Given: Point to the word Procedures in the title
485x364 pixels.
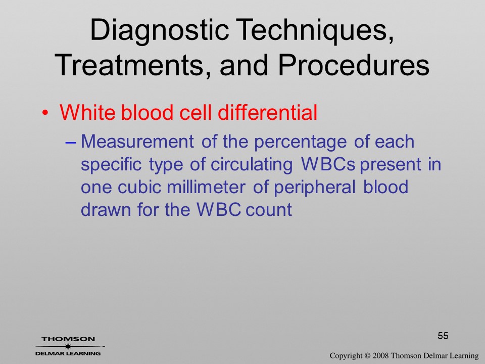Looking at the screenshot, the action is [x=354, y=65].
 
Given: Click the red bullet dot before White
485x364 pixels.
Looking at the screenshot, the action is [x=45, y=113].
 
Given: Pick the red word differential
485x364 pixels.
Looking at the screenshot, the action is [x=268, y=112].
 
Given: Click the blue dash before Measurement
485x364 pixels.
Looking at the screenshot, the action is [x=71, y=143].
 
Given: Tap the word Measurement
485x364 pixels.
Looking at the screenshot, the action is [x=137, y=141].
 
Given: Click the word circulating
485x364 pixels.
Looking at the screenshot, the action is [x=252, y=165].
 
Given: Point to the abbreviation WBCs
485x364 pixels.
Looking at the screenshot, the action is [x=328, y=164].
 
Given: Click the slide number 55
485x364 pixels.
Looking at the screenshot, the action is [x=443, y=336].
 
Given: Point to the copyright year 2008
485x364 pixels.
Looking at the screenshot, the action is [x=380, y=355].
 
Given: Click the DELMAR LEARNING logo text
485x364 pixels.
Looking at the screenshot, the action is [x=68, y=353].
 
